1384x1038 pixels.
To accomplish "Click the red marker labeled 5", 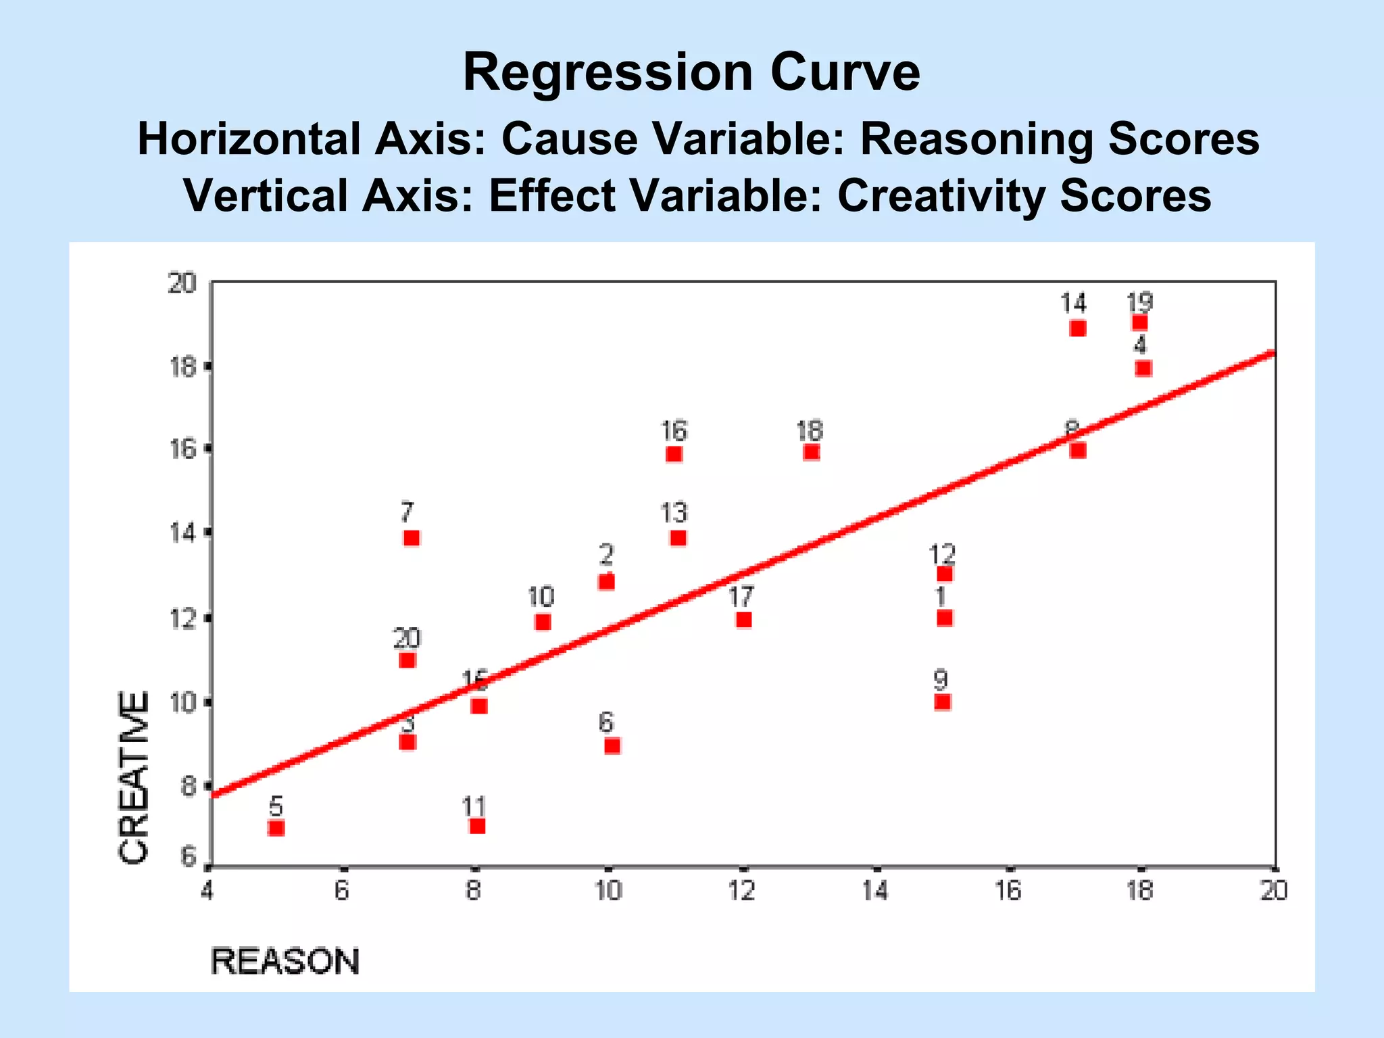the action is tap(276, 828).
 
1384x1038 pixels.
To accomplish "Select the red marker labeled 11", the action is tap(477, 826).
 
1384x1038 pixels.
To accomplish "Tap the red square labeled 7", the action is tap(412, 538).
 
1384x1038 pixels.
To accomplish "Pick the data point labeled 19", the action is tap(1140, 322).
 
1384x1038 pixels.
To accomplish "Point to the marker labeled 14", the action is tap(1078, 328).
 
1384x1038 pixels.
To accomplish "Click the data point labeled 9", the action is tap(943, 702).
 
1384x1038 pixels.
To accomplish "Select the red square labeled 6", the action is tap(612, 745).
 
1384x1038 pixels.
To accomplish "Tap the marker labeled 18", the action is tap(812, 451).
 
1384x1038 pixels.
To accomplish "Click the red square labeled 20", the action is tap(407, 660).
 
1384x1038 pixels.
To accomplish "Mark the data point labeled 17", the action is tap(743, 620).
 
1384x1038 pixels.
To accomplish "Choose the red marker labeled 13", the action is tap(678, 538).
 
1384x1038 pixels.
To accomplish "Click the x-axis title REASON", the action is tap(285, 962).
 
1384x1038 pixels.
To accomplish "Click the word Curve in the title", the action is tap(844, 73).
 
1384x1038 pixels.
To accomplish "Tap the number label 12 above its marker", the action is tap(942, 555).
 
